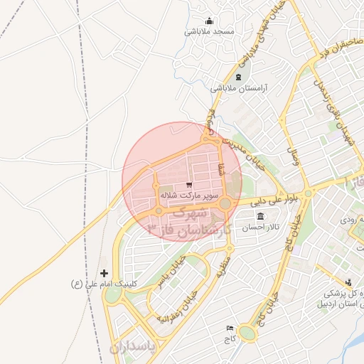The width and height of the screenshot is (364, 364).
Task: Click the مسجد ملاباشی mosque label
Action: [209, 32]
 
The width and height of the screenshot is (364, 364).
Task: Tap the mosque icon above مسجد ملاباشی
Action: [209, 21]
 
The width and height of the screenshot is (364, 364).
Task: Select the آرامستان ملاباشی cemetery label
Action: [238, 89]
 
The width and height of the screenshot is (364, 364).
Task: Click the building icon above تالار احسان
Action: [259, 216]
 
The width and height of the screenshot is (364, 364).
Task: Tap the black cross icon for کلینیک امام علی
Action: [105, 273]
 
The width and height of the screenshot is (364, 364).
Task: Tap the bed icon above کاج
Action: [229, 328]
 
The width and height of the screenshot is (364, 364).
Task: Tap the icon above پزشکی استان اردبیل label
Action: [348, 282]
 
